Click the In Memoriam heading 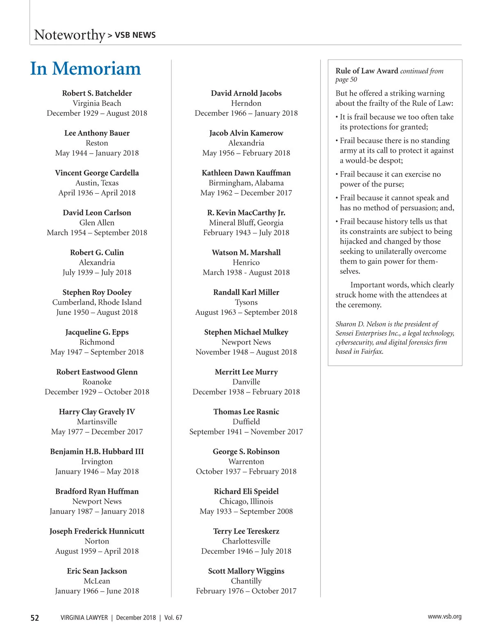tap(85, 69)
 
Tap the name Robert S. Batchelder tap(97, 93)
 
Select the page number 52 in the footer tap(35, 618)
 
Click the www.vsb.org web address tap(444, 617)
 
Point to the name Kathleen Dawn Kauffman tap(246, 173)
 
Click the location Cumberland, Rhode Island tap(97, 302)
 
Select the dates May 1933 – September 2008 tap(246, 511)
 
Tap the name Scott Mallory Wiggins tap(246, 571)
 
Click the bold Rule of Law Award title tap(367, 71)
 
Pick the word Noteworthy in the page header tap(70, 35)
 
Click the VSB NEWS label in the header tap(135, 35)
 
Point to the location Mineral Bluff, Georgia tap(246, 222)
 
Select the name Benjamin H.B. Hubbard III tap(97, 452)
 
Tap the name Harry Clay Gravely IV tap(97, 412)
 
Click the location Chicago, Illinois tap(246, 501)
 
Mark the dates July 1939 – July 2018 tap(97, 272)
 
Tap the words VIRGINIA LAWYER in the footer tap(84, 618)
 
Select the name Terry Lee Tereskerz tap(246, 531)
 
